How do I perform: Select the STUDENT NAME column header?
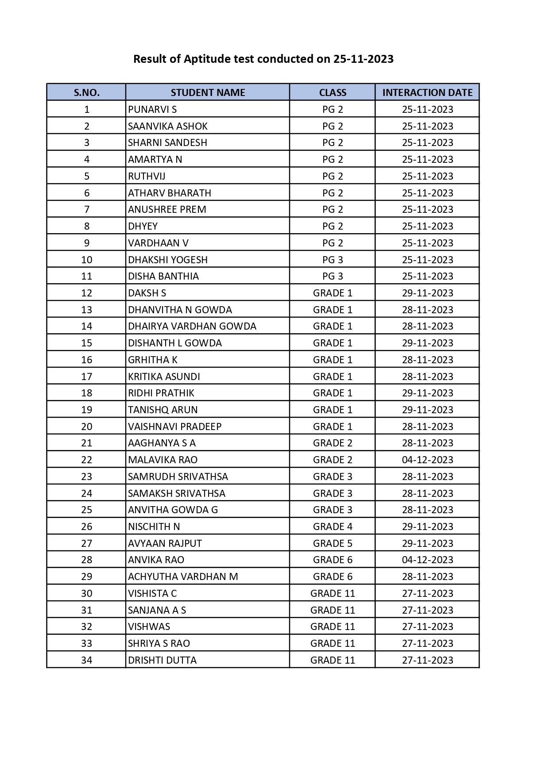(x=208, y=92)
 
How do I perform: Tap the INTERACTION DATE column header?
(x=427, y=92)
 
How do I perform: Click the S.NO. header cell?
(x=86, y=92)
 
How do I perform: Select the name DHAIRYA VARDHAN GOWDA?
(x=192, y=327)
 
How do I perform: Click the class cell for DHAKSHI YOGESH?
(x=332, y=260)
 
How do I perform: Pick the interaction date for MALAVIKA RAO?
(x=427, y=460)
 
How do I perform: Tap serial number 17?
(x=86, y=376)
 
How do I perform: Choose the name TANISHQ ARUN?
(x=163, y=410)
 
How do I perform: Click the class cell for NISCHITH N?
(x=332, y=526)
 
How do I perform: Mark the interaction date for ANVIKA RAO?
(x=427, y=560)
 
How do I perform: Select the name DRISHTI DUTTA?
(x=162, y=660)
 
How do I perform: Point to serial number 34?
(x=86, y=660)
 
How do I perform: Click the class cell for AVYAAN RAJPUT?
(x=332, y=543)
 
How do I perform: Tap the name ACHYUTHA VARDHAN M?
(x=183, y=576)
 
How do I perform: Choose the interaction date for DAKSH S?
(x=427, y=293)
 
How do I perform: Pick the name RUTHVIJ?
(x=147, y=176)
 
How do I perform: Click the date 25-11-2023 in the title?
(x=363, y=59)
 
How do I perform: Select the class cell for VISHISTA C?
(x=332, y=593)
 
